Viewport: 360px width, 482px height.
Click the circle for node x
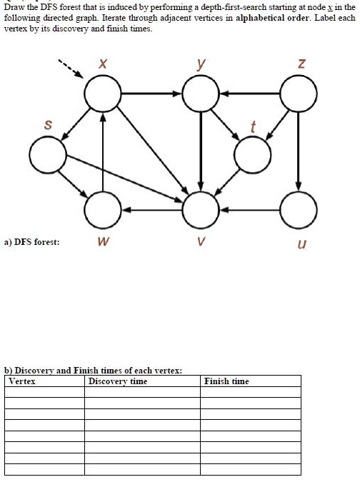click(103, 76)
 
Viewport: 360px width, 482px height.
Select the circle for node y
click(201, 76)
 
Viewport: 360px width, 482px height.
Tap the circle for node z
click(298, 76)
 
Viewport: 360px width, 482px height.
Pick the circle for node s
click(48, 137)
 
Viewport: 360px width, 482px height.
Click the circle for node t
click(252, 137)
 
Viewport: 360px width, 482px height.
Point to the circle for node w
click(103, 192)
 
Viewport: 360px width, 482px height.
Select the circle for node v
click(201, 192)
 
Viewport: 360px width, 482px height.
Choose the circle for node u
click(298, 192)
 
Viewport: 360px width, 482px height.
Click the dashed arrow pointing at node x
click(71, 69)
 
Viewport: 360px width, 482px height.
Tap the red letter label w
click(104, 241)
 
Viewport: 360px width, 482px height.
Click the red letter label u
click(302, 244)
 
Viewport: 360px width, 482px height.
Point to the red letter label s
click(48, 125)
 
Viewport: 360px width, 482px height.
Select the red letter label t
click(253, 126)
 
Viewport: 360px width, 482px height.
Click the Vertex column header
click(22, 381)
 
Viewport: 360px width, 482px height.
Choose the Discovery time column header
click(118, 381)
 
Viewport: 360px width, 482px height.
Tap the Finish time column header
click(226, 381)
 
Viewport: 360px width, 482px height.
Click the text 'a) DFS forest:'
click(32, 242)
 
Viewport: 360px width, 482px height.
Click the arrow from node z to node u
click(298, 151)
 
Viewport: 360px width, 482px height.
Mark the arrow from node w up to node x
click(103, 151)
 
